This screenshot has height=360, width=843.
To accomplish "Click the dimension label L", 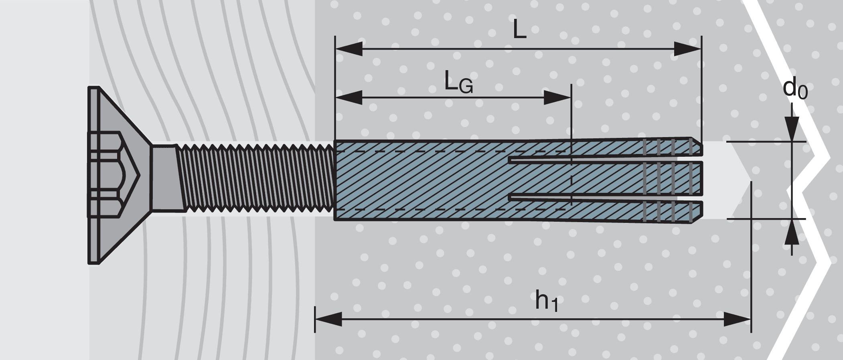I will pyautogui.click(x=519, y=29).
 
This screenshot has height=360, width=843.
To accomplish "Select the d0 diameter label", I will pyautogui.click(x=795, y=89).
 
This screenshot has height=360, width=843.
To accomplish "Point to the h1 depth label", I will pyautogui.click(x=546, y=301).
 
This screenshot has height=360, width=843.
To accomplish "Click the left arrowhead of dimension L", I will pyautogui.click(x=349, y=49).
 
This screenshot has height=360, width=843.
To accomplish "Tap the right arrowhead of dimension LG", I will pyautogui.click(x=557, y=97).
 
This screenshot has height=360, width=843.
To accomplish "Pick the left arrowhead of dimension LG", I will pyautogui.click(x=349, y=97).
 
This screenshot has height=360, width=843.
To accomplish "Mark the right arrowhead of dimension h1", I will pyautogui.click(x=737, y=320).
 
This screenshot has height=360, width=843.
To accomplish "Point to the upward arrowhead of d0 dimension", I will pyautogui.click(x=792, y=233).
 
